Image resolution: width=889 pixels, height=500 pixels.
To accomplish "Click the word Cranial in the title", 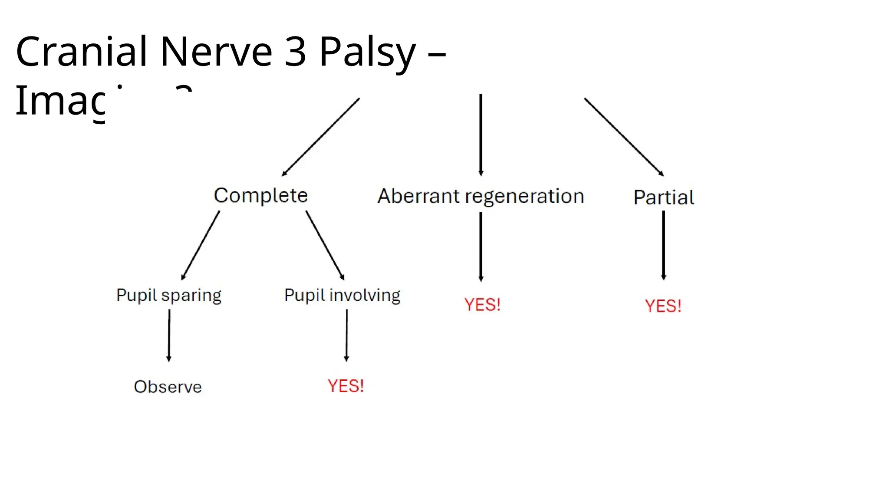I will pos(81,52).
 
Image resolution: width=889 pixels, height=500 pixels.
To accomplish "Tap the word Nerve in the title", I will pos(216,52).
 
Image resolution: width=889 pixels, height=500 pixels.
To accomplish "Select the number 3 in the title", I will pos(295,52).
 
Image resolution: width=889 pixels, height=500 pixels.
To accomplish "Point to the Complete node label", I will pos(260,195).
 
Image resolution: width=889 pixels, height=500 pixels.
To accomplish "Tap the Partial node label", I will pos(663,197).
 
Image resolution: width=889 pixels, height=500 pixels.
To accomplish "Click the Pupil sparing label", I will pos(168,296).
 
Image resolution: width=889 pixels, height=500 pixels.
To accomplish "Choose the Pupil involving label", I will pos(342,296).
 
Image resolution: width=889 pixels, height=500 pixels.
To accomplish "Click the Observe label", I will pos(168,387).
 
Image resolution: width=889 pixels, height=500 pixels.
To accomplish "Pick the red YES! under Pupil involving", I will pos(346,386).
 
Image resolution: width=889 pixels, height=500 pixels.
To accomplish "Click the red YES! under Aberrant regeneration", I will pos(482,305).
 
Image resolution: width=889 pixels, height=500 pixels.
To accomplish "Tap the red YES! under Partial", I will pos(663,306).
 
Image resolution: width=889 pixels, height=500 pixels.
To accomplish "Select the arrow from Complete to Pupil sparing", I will pos(201,245).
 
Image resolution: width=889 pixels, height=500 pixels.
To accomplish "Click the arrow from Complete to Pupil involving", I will pos(325,245).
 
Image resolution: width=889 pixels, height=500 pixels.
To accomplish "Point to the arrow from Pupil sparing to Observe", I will pos(169,335).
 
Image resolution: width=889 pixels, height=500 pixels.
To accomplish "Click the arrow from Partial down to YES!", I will pos(663,245).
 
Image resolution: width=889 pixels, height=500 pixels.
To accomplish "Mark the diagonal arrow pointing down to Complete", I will pos(321,137).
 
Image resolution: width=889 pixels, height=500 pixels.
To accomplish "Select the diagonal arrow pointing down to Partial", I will pos(624,137).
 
